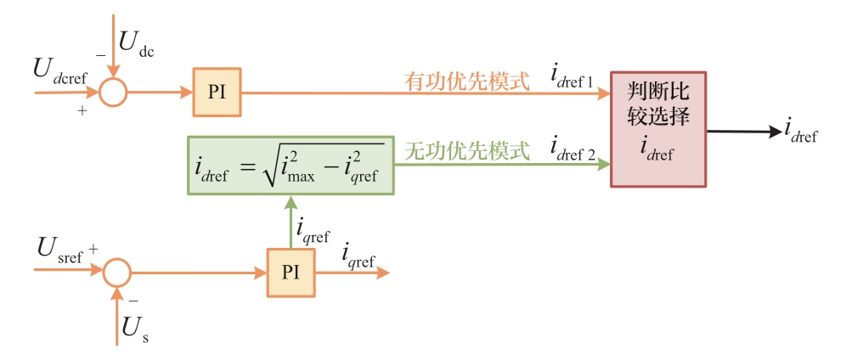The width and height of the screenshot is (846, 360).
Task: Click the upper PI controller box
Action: coord(217,91)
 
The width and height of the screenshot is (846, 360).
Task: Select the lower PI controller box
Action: coord(290,273)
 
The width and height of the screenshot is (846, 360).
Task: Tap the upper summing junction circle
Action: coord(112,92)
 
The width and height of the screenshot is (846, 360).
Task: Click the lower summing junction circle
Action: coord(117,273)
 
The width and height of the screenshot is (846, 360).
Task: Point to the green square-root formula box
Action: coord(290,164)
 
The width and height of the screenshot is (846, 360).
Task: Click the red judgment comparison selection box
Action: coord(657,129)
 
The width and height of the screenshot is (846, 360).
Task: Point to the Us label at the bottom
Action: coord(135,329)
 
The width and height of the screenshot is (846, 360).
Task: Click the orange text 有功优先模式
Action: coord(466,81)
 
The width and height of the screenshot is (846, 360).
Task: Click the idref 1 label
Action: coord(572,79)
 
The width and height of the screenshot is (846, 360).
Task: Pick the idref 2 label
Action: coord(572,150)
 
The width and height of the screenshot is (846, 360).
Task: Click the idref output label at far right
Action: coord(801,132)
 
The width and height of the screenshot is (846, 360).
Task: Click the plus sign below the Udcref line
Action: coord(82,110)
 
